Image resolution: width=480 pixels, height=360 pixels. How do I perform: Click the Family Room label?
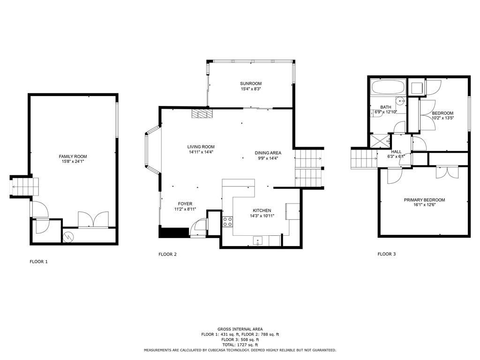[x=73, y=157]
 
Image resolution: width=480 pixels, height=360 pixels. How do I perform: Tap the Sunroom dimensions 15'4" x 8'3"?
[x=251, y=89]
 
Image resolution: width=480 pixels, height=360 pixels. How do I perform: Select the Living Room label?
[x=201, y=147]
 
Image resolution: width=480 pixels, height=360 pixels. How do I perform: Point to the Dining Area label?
[x=268, y=153]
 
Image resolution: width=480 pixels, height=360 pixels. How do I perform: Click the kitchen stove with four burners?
[x=227, y=221]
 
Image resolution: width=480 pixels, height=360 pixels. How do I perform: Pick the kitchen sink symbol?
[x=258, y=241]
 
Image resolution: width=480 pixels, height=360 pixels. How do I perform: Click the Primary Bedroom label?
[x=424, y=200]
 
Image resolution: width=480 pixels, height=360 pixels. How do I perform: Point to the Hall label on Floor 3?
[x=396, y=151]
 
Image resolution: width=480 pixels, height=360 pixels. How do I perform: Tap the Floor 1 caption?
[x=38, y=262]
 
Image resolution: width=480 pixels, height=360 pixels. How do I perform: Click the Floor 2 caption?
[x=167, y=254]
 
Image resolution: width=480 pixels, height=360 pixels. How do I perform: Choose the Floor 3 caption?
[x=387, y=254]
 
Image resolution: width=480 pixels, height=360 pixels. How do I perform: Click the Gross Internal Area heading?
[x=240, y=329]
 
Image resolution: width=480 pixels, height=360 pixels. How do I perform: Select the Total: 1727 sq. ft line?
[x=240, y=345]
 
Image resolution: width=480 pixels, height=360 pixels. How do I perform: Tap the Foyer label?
[x=185, y=204]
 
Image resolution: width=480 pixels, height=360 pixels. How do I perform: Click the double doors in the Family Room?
[x=93, y=219]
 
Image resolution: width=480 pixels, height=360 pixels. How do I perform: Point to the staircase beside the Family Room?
[x=25, y=187]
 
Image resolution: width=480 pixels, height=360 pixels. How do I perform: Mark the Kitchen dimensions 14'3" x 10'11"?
[x=262, y=216]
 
